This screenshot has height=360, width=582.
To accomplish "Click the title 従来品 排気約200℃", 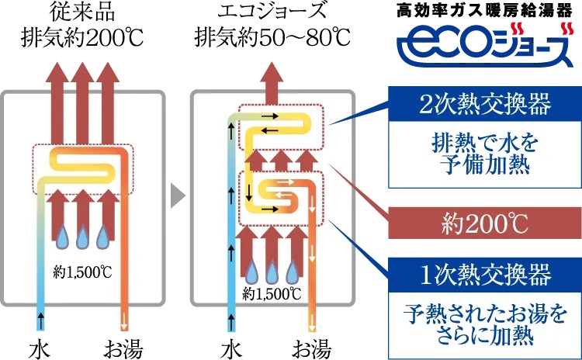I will point(82,26).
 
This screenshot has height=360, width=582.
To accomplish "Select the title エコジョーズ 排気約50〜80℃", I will point(272,26).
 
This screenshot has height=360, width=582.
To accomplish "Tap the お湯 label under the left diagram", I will point(125,344).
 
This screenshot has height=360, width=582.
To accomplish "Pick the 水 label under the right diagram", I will point(230,344).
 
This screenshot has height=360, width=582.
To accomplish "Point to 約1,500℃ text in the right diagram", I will point(272,293).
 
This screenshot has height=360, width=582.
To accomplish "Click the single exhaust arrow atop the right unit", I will point(272,81).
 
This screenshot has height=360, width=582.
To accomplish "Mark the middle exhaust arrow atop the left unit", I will point(84,101).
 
